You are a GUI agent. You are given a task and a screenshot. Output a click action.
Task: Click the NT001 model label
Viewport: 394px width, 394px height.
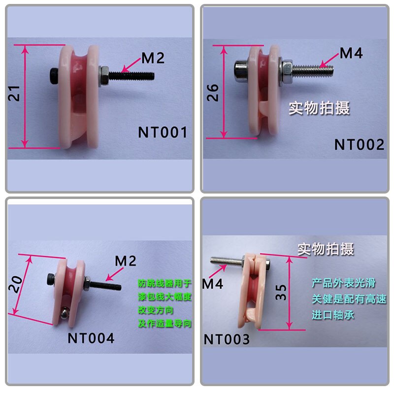point(163,132)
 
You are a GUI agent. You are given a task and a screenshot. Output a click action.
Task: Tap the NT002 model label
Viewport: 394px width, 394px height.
point(360,144)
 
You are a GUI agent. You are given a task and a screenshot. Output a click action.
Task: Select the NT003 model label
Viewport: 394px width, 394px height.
point(227,339)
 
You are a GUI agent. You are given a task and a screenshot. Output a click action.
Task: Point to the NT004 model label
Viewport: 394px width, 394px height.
point(91,338)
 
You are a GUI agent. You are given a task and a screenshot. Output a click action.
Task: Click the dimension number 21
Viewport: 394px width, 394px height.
point(14,94)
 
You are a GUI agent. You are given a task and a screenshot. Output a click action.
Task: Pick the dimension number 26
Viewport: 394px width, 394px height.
point(213,93)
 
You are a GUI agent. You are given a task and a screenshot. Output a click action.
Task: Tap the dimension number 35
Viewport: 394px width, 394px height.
point(281,292)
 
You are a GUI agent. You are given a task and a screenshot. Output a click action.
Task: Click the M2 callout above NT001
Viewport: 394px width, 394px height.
point(153,58)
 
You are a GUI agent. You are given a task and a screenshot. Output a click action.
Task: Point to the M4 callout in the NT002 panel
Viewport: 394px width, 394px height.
point(351,53)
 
